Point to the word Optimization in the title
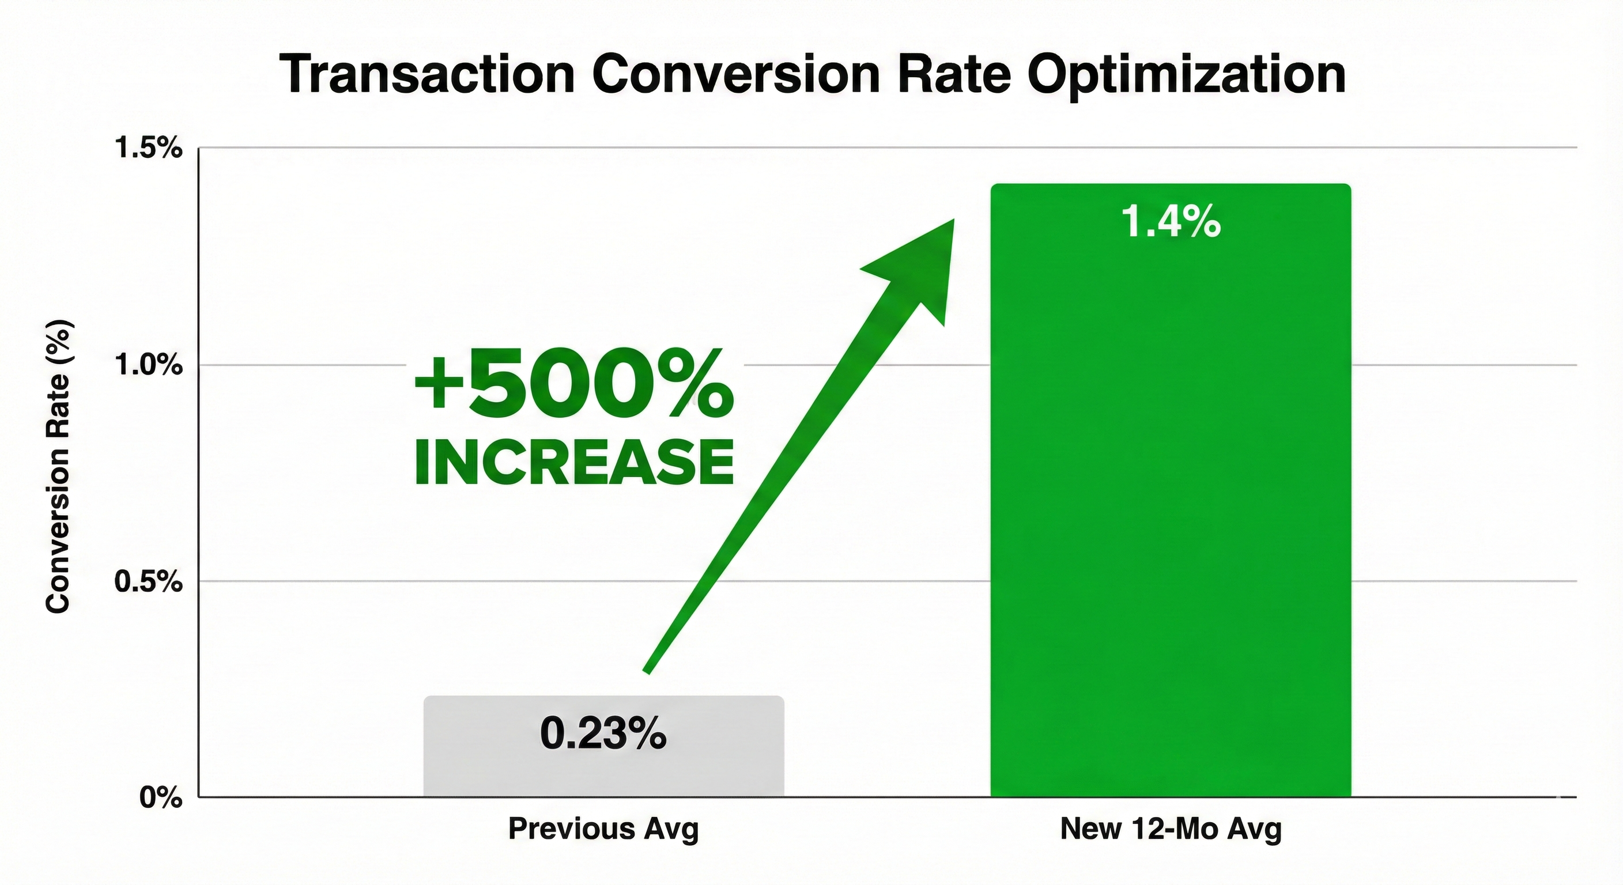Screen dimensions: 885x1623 [1186, 76]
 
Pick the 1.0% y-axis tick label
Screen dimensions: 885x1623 [148, 365]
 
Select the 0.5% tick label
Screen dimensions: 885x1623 [148, 581]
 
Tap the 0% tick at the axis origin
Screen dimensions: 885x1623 [161, 798]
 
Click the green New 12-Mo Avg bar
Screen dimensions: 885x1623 [1171, 504]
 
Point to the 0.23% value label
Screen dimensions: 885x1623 [603, 734]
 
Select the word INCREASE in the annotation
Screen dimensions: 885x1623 [574, 463]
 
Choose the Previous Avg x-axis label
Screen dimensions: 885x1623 [603, 830]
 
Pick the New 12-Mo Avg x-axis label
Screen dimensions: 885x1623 [1171, 830]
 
